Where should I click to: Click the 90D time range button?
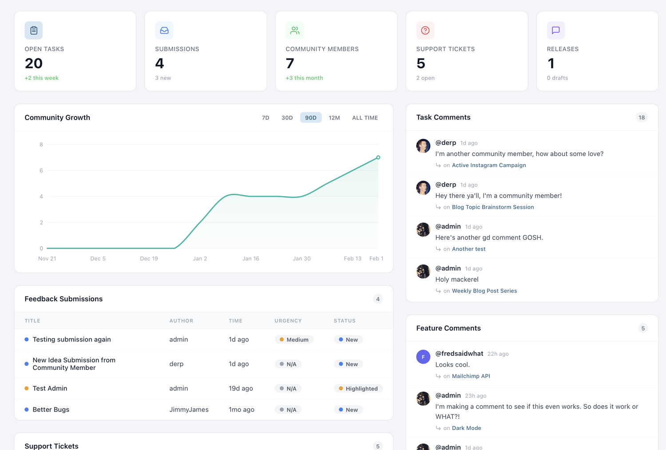[x=311, y=118]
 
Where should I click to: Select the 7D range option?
[x=266, y=118]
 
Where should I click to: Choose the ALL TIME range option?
[x=365, y=118]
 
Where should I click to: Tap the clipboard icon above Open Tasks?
[x=34, y=30]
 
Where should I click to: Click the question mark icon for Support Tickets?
[x=425, y=30]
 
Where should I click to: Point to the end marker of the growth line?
[x=378, y=157]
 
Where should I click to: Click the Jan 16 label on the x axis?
[x=250, y=258]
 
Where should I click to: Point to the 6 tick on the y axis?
[x=41, y=170]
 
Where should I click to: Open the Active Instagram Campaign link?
[x=489, y=165]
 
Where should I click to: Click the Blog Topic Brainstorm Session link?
[x=493, y=207]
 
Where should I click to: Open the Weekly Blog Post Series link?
[x=484, y=291]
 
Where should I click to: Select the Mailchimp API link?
[x=471, y=376]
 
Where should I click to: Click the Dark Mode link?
[x=467, y=428]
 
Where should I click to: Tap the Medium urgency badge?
[x=294, y=340]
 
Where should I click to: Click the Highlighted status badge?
[x=358, y=389]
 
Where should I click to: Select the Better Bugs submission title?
[x=51, y=410]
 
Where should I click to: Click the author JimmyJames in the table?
[x=189, y=410]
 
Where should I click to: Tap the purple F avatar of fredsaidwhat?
[x=423, y=357]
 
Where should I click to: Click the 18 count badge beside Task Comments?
[x=642, y=117]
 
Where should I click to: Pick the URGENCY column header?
[x=288, y=321]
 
